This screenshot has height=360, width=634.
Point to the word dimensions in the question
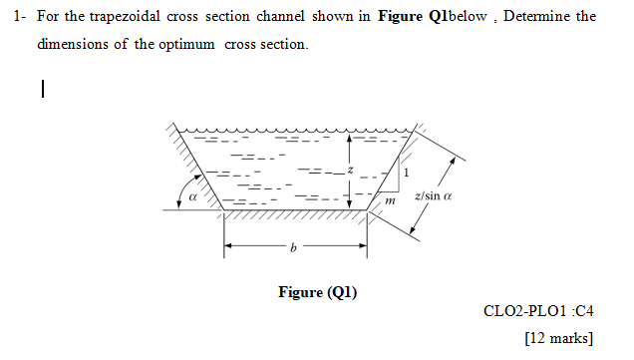pos(73,46)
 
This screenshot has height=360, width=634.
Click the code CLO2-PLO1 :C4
pos(538,310)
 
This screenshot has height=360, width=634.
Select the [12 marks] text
pos(558,337)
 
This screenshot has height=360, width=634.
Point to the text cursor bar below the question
pos(43,90)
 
